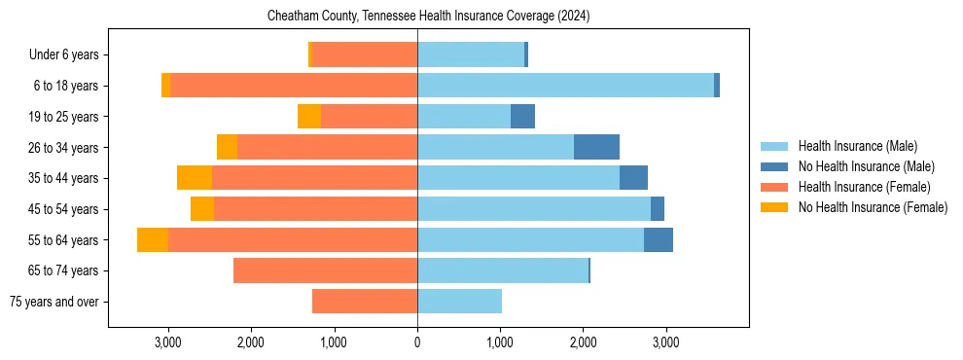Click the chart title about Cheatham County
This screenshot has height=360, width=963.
[428, 17]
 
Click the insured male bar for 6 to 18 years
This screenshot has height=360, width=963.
[565, 86]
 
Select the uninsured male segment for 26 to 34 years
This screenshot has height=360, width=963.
[596, 147]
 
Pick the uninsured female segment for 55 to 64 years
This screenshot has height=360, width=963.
[153, 239]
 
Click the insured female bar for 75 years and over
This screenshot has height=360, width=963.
[365, 302]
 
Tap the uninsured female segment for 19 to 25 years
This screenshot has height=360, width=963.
[309, 117]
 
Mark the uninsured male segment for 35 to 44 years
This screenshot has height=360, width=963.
[633, 178]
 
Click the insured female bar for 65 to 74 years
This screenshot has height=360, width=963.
[326, 270]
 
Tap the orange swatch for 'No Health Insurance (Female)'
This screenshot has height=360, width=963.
[774, 207]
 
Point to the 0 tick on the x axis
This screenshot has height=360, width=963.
[417, 342]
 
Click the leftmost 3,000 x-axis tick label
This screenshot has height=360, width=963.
[168, 342]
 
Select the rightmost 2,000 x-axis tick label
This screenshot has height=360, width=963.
[583, 342]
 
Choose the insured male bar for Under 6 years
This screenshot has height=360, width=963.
[471, 55]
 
